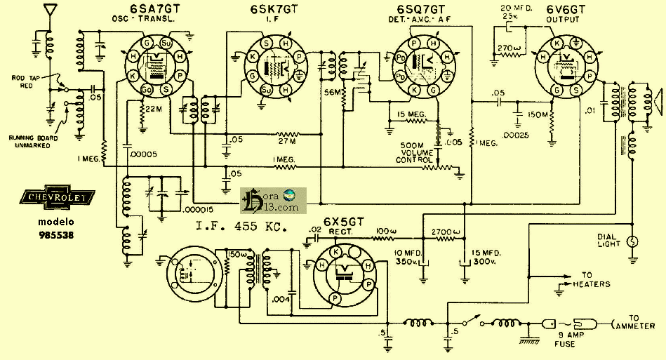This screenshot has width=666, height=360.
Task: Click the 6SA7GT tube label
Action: coord(145,10)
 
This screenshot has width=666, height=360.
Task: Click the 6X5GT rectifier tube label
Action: coord(344,222)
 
